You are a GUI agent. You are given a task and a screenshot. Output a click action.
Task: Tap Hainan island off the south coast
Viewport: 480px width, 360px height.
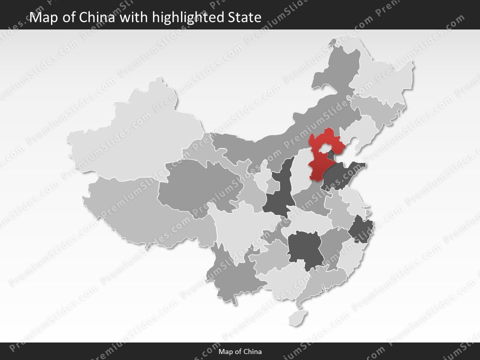point(298,317)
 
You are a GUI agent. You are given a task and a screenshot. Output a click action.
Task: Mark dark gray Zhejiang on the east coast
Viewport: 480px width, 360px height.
point(358,230)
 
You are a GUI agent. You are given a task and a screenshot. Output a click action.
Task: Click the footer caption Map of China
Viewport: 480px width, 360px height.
point(240,351)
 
